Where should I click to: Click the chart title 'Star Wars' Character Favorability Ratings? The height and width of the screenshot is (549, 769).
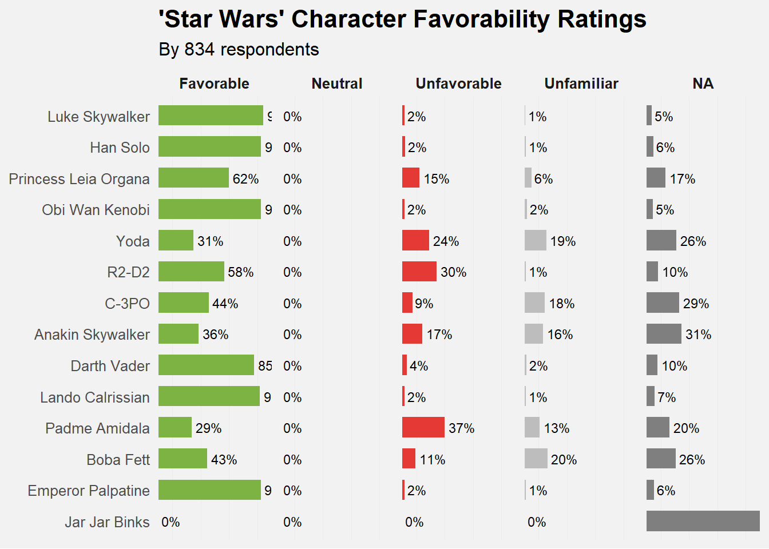[402, 19]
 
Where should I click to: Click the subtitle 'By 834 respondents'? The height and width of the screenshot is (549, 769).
[239, 50]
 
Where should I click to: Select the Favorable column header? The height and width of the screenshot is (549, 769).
[214, 84]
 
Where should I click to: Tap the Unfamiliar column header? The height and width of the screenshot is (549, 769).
[581, 84]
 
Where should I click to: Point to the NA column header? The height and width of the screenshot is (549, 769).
[703, 84]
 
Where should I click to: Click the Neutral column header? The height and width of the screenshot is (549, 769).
[337, 84]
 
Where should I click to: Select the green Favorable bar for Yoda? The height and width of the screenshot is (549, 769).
[176, 241]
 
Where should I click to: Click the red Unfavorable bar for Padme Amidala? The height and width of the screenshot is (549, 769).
[423, 428]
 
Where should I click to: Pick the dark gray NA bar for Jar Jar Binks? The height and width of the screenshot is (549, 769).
[703, 522]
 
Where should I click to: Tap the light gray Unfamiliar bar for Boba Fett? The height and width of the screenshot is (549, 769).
[536, 459]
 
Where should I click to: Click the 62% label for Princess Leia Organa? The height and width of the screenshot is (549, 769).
[245, 179]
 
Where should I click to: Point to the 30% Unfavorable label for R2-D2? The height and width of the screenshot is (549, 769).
[453, 272]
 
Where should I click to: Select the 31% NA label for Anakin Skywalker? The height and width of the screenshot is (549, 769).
[698, 335]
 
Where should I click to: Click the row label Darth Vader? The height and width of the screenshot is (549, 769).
[110, 366]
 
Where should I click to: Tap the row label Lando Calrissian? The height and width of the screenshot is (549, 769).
[94, 397]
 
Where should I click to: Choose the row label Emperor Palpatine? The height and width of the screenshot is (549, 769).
[88, 491]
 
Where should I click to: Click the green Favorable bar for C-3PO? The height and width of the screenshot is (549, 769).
[184, 303]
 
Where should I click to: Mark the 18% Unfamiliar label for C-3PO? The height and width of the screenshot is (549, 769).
[561, 304]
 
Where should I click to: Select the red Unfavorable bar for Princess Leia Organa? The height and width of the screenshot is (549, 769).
[411, 178]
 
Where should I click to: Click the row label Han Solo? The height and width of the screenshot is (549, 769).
[120, 148]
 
